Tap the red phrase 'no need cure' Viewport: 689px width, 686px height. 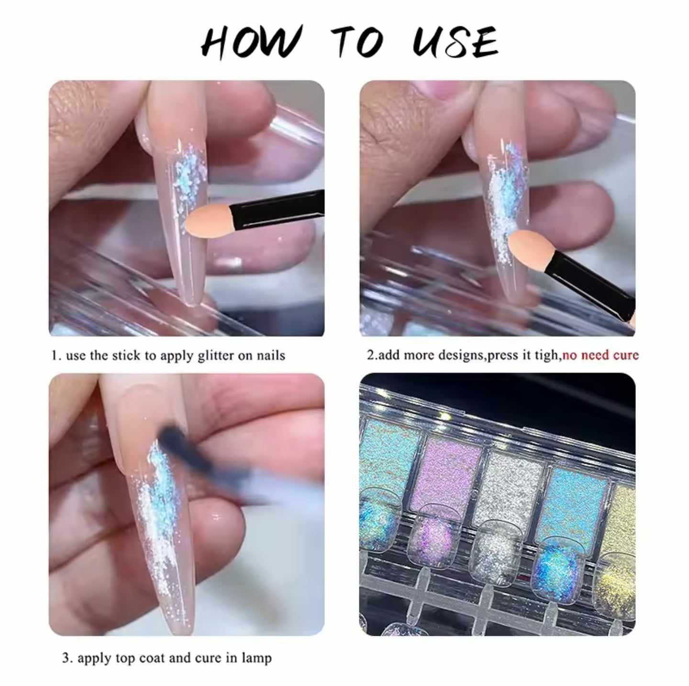pos(600,355)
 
